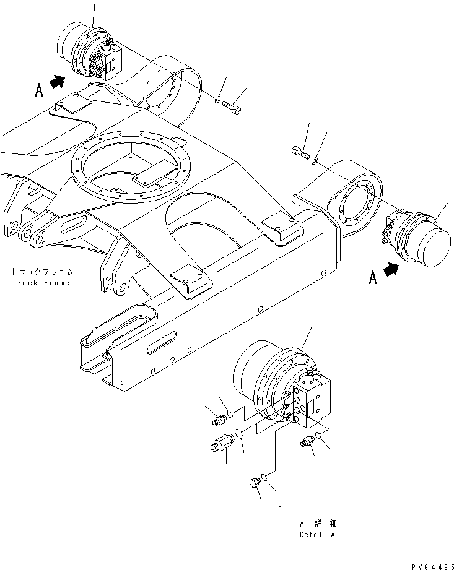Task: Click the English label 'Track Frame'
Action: point(41,283)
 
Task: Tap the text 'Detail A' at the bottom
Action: point(316,535)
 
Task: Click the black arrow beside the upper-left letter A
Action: point(58,81)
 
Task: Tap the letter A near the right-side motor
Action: point(373,279)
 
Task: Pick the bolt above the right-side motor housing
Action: point(299,151)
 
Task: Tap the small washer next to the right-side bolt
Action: point(315,161)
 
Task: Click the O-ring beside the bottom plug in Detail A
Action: point(264,477)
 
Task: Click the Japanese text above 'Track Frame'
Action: point(40,271)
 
